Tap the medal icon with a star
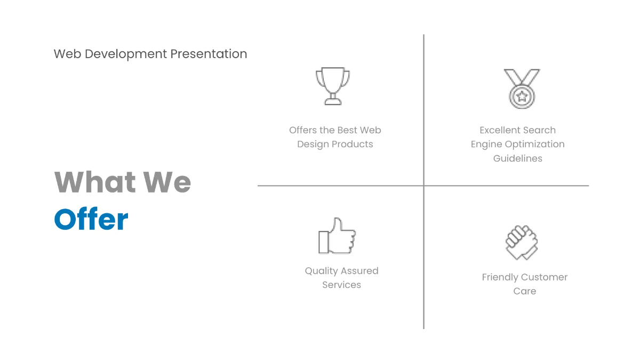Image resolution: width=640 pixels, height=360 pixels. pyautogui.click(x=521, y=89)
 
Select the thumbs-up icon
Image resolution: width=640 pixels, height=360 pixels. pyautogui.click(x=337, y=236)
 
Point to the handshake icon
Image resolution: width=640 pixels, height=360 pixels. pyautogui.click(x=522, y=243)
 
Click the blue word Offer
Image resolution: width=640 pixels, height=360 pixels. pyautogui.click(x=91, y=219)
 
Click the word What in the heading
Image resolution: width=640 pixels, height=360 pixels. pyautogui.click(x=94, y=182)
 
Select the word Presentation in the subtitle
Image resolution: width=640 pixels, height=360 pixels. pyautogui.click(x=209, y=54)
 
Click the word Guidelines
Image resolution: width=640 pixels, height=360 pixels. pyautogui.click(x=517, y=158)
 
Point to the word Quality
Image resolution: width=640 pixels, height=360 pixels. pyautogui.click(x=322, y=271)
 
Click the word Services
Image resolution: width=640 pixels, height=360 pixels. pyautogui.click(x=341, y=285)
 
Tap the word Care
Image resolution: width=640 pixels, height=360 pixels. pyautogui.click(x=524, y=291)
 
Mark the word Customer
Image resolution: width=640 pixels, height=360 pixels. pyautogui.click(x=545, y=277)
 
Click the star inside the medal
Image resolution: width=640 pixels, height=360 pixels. pyautogui.click(x=521, y=97)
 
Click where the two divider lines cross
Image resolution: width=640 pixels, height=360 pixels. pyautogui.click(x=424, y=186)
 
